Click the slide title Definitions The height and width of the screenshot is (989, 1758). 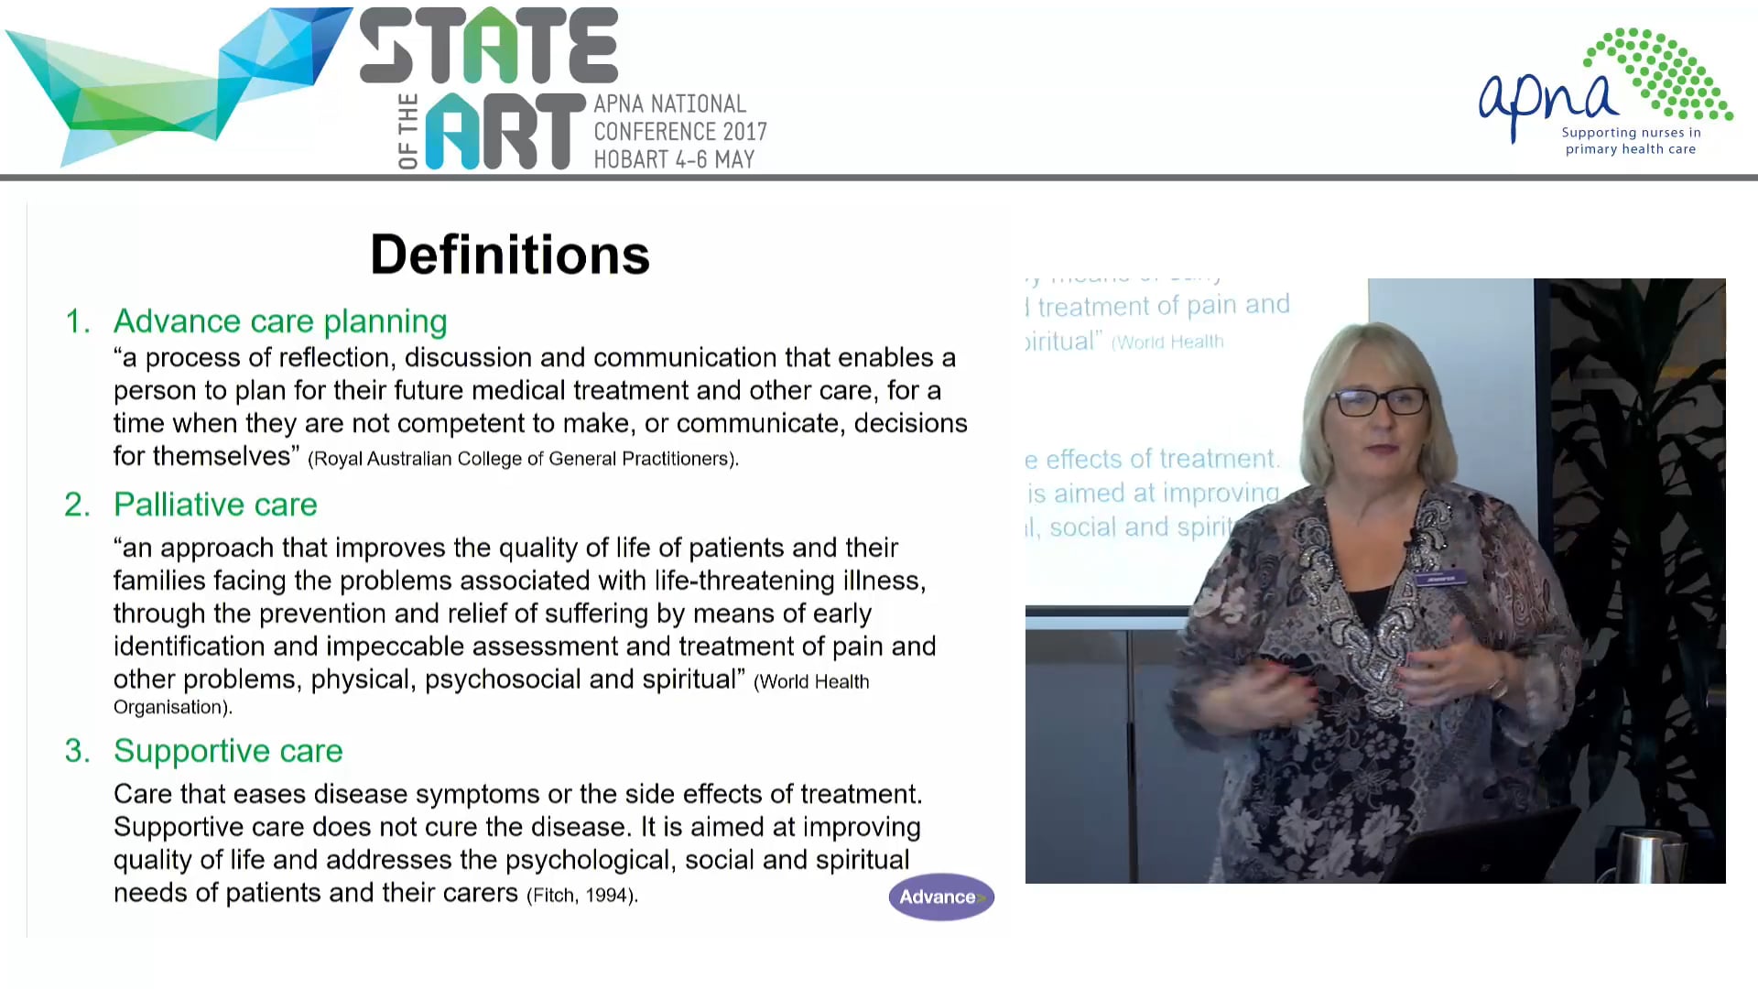click(509, 255)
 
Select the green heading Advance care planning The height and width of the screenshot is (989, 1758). click(279, 321)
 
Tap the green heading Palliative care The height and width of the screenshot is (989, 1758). click(215, 505)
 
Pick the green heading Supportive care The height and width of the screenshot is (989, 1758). click(228, 751)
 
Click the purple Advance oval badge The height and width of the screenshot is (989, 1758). click(940, 897)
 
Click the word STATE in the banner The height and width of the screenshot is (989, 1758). click(489, 46)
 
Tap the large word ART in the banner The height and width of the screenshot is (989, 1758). click(505, 132)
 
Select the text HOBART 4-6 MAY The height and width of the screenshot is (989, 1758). click(674, 159)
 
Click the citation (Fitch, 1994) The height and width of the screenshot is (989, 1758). click(582, 896)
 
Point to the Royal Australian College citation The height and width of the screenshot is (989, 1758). click(523, 459)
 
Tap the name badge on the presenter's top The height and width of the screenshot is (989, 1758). click(1441, 579)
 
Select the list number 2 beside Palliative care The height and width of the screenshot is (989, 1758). click(77, 505)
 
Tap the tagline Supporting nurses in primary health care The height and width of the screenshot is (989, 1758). click(1631, 141)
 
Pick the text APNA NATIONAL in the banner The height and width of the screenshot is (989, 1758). click(669, 104)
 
